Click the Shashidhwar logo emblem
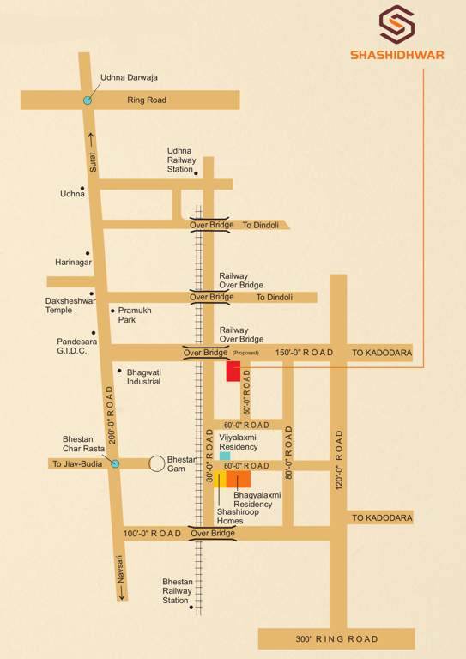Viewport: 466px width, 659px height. pos(396,25)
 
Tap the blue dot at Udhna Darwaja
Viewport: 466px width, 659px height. pos(87,100)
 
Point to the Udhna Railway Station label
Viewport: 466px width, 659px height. pos(181,160)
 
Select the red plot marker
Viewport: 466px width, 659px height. pos(233,371)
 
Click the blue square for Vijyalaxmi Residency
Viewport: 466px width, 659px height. pos(225,456)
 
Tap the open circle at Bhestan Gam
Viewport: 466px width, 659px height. pos(157,463)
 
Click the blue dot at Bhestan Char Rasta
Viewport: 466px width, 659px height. pos(115,464)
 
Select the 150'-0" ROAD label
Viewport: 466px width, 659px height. pos(304,353)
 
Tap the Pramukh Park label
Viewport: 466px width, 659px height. pos(135,315)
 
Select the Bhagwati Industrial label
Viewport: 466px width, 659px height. pos(143,377)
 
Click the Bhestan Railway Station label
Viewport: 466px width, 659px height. pos(177,590)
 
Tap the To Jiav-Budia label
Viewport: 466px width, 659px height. pos(77,464)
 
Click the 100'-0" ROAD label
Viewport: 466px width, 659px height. pos(153,533)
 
